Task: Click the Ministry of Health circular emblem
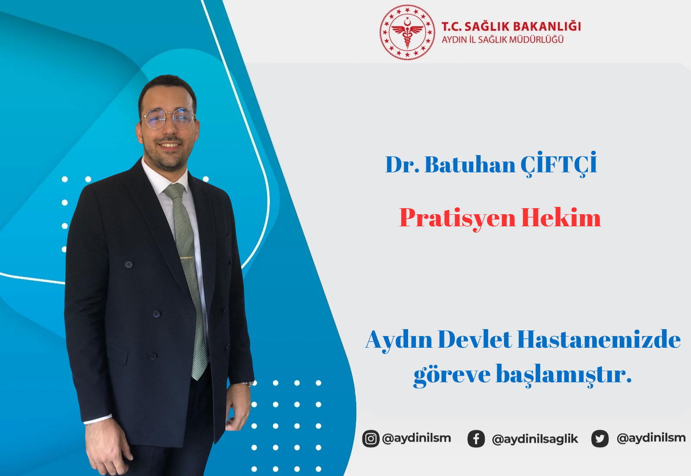pyautogui.click(x=407, y=32)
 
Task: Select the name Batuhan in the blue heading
pyautogui.click(x=470, y=165)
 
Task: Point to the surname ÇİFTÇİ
pyautogui.click(x=559, y=164)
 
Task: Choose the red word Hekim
pyautogui.click(x=561, y=217)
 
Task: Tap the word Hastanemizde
pyautogui.click(x=599, y=340)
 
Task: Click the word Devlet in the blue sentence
pyautogui.click(x=475, y=340)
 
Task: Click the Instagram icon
pyautogui.click(x=371, y=438)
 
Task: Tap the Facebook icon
pyautogui.click(x=476, y=438)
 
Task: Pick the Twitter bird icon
pyautogui.click(x=600, y=438)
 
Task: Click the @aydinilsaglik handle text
pyautogui.click(x=535, y=439)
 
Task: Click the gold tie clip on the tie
pyautogui.click(x=187, y=257)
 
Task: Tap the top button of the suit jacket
pyautogui.click(x=129, y=264)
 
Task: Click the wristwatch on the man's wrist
pyautogui.click(x=247, y=384)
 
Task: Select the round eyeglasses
pyautogui.click(x=168, y=119)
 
